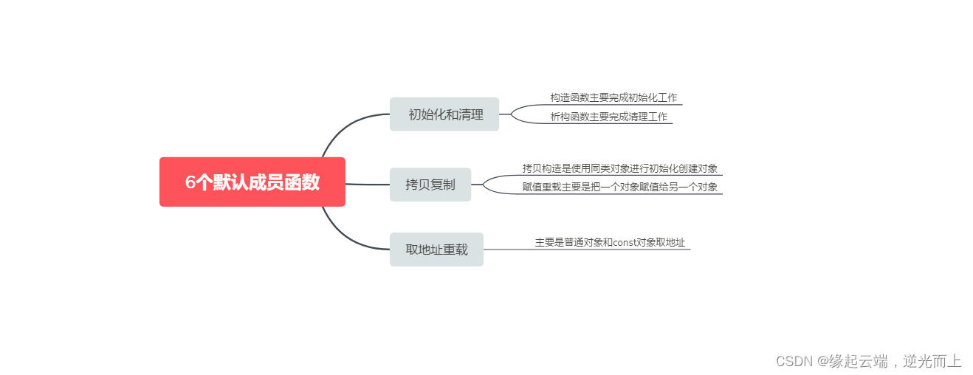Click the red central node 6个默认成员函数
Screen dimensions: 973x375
click(x=252, y=182)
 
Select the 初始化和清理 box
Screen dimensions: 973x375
click(x=444, y=114)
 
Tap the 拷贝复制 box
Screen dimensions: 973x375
click(x=430, y=185)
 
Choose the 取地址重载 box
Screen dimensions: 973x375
click(x=436, y=250)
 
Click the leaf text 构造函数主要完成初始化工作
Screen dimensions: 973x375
click(x=613, y=97)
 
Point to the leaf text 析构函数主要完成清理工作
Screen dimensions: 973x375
click(x=608, y=117)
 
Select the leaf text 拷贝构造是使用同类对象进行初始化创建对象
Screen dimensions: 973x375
click(x=619, y=168)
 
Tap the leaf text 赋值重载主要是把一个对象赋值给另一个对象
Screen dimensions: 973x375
click(x=619, y=187)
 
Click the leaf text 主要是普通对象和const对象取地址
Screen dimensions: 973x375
click(x=610, y=242)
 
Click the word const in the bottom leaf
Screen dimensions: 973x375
click(x=625, y=242)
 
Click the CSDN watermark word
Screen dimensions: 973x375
click(x=794, y=361)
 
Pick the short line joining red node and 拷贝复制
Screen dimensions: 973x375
click(x=367, y=184)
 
